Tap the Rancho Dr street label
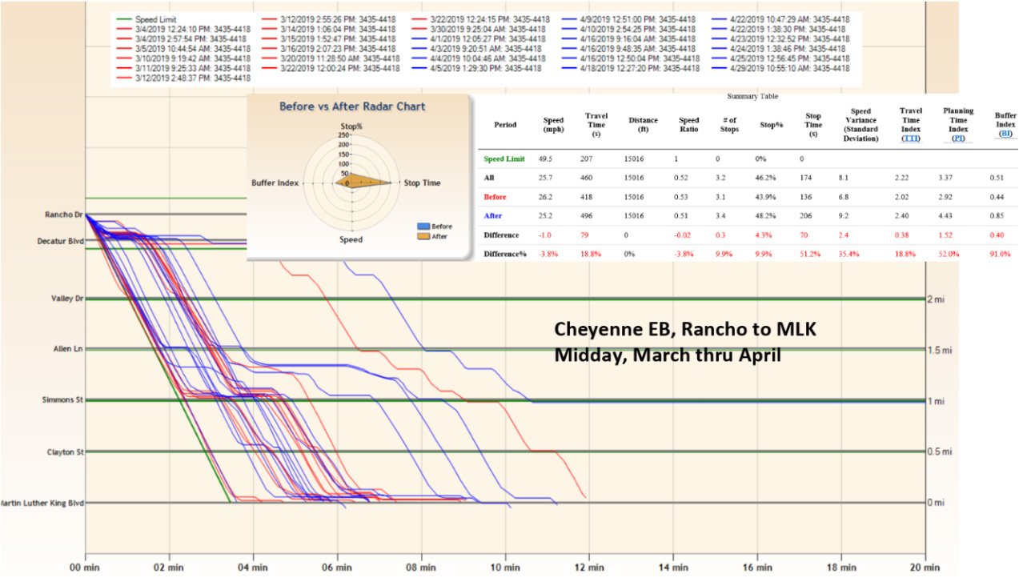(x=65, y=214)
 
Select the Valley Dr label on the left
(x=67, y=299)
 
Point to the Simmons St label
(x=63, y=399)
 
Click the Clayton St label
(x=65, y=452)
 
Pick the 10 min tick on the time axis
(x=505, y=568)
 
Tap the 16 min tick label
(x=756, y=568)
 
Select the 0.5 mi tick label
(x=940, y=452)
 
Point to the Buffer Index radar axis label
(x=275, y=183)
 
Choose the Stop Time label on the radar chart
(x=421, y=183)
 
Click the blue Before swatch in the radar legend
(x=423, y=227)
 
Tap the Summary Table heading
(x=752, y=96)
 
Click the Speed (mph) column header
(x=553, y=124)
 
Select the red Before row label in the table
(x=495, y=197)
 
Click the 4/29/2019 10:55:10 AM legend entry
(x=780, y=69)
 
